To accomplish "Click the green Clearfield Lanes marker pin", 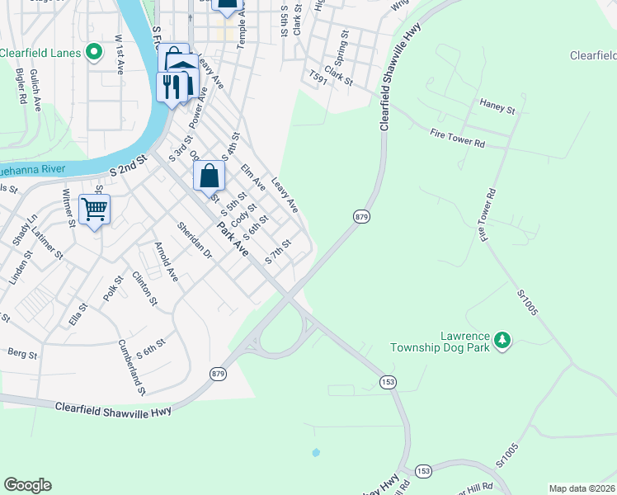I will coord(94,53).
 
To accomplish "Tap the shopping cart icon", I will coord(95,210).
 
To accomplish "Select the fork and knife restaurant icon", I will coord(171,87).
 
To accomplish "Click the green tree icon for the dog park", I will coord(502,338).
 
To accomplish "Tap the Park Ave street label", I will coord(233,236).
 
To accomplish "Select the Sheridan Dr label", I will coord(195,239).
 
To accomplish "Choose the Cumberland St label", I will coord(132,367).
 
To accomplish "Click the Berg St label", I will coord(22,354).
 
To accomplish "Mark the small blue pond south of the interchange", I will coord(315,453).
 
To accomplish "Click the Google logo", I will coord(27,485).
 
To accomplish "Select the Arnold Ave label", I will coord(167,262).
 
